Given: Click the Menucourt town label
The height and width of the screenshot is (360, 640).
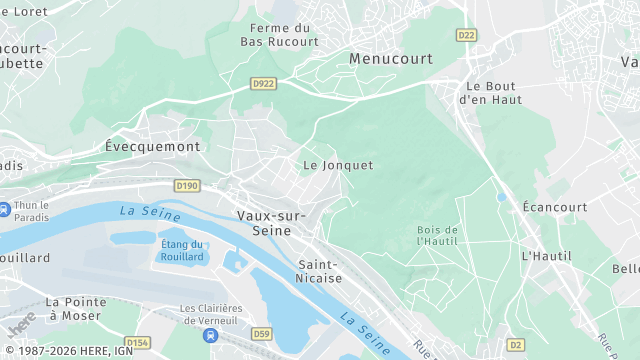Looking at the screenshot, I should [x=391, y=59].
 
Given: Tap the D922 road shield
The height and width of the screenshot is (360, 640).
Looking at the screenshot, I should [x=264, y=83].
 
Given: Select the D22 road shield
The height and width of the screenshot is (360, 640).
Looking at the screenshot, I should [x=466, y=35].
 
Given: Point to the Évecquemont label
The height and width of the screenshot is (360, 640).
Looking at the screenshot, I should [x=152, y=146].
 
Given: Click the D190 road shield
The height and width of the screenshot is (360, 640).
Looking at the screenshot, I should [x=187, y=186].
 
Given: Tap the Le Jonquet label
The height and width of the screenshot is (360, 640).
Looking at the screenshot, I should [x=338, y=165].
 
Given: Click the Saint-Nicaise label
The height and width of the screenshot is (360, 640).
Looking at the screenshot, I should [x=320, y=271].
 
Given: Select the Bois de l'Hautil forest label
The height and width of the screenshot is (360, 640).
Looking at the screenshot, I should [x=437, y=235].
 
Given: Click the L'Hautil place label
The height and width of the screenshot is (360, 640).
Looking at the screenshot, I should [x=546, y=256].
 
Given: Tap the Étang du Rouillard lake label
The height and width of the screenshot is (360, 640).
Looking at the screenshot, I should [x=182, y=250].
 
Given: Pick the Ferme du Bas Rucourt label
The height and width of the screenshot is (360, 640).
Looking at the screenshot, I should [x=280, y=35].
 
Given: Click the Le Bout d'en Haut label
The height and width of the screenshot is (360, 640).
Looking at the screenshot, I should [x=492, y=92].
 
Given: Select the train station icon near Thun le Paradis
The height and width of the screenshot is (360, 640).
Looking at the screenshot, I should [x=5, y=210].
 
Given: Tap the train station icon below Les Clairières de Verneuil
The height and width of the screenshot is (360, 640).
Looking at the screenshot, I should [x=211, y=335].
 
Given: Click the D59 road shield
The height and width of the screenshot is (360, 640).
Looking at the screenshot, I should [x=262, y=333].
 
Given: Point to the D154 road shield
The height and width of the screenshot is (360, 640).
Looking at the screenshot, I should [x=138, y=342].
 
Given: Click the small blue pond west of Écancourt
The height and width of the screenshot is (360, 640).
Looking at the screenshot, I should [x=502, y=197].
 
